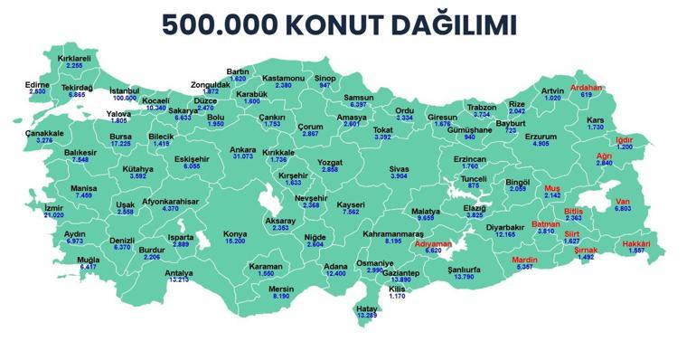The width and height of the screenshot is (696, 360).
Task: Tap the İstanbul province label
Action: [125, 90]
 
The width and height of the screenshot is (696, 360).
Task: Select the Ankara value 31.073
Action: [243, 157]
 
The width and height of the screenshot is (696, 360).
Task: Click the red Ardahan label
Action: [586, 88]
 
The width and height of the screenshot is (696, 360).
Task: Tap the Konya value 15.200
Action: [235, 242]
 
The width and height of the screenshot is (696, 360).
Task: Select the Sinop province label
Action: [325, 78]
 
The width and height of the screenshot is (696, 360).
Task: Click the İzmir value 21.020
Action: [54, 215]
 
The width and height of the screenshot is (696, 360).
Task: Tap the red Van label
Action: [622, 201]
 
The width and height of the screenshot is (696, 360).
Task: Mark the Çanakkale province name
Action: [44, 133]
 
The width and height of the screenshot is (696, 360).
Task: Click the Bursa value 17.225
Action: [120, 144]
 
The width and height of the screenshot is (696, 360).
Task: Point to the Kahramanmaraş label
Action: [393, 234]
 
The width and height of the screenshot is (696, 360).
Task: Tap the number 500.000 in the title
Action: [221, 24]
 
